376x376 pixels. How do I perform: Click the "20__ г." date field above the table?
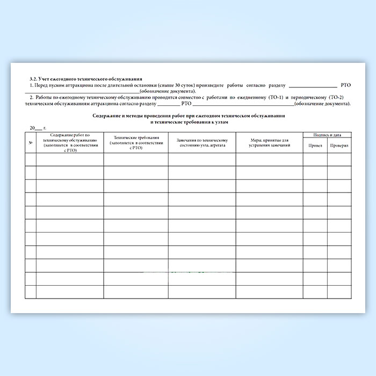(38, 128)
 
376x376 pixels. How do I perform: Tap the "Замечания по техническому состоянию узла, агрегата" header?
(202, 143)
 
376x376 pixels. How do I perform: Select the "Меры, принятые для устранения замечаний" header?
(270, 143)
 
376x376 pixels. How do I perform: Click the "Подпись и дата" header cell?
(327, 135)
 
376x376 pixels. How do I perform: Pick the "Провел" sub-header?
(315, 146)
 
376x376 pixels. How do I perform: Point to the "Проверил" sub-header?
(339, 146)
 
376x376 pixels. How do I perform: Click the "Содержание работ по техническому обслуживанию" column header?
(70, 142)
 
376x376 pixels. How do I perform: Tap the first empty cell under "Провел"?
(315, 159)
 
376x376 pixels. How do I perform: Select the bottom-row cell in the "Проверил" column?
(339, 292)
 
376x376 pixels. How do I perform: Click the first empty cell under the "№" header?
(31, 159)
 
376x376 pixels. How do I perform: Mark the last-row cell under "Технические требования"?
(136, 292)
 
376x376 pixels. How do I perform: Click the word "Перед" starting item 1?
(40, 86)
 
